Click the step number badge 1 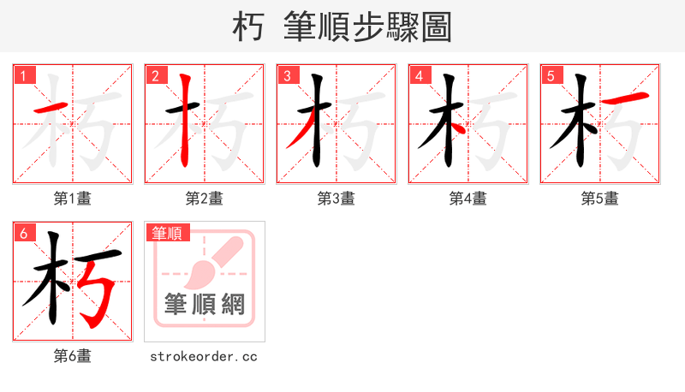24,75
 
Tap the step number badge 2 155,75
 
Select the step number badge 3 287,75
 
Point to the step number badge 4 419,75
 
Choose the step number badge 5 551,75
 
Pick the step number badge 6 24,233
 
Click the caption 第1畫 73,199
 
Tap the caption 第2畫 205,199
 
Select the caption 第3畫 337,199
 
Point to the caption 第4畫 468,199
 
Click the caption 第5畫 600,199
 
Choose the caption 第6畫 73,356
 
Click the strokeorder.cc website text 204,356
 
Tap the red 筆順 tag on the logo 168,233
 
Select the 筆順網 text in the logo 205,304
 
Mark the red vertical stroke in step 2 185,120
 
